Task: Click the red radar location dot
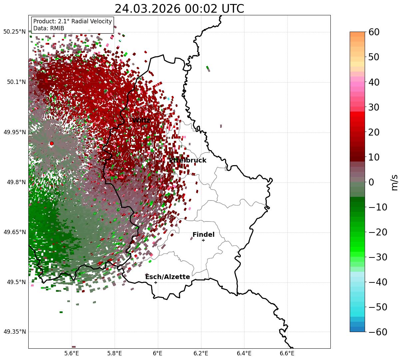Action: tap(52, 144)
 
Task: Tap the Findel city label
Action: tap(203, 235)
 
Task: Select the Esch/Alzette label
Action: tap(168, 277)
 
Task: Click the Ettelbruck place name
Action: tap(188, 161)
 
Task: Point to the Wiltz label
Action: tap(141, 121)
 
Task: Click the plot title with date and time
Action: tap(179, 9)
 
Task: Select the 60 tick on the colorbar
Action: tap(374, 32)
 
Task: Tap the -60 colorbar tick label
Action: tap(378, 332)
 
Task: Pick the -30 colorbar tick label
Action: tap(378, 257)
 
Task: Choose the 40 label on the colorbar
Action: tap(374, 82)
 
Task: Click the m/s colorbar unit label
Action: tap(394, 182)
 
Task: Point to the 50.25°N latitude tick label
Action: tap(14, 32)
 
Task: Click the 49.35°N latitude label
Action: tap(14, 332)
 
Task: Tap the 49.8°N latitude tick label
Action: tap(16, 182)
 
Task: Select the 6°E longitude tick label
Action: tap(158, 353)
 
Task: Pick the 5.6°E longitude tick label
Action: tap(72, 353)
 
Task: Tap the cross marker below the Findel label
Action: tap(203, 240)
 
